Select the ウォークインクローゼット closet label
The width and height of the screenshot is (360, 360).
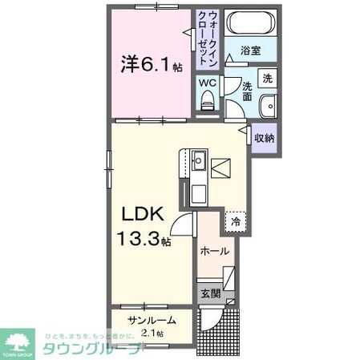[211, 38]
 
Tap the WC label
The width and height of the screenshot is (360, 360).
[207, 83]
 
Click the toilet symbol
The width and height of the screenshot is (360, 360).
[207, 100]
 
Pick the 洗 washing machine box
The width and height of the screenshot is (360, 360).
[269, 79]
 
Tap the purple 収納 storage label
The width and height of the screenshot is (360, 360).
[265, 139]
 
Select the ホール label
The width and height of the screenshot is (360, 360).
[215, 251]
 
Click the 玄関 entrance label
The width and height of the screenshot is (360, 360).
[210, 293]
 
